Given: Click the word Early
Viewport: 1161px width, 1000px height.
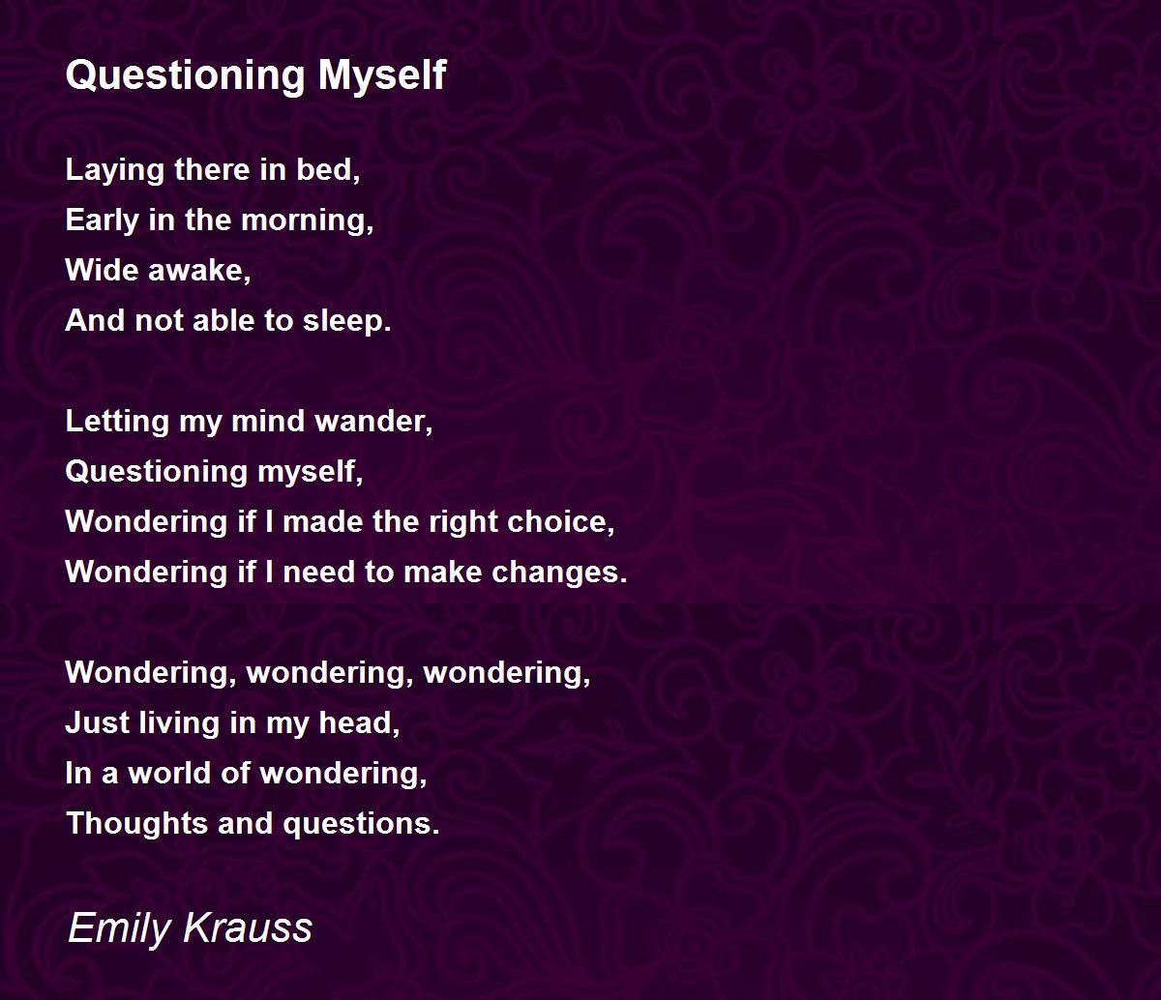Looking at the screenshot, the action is tap(102, 221).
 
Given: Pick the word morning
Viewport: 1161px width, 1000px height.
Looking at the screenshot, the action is tap(308, 221).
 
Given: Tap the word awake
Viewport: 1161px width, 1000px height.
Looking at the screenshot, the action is tap(199, 271).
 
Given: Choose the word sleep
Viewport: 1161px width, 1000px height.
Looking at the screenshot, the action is tap(346, 322).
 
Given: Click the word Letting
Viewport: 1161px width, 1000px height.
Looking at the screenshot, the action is tap(117, 422).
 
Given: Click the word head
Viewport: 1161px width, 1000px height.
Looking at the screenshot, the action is tap(359, 723).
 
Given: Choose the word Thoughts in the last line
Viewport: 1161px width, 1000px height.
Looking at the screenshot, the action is tap(137, 824).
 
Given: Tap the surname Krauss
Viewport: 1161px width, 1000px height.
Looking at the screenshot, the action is tap(248, 927).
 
